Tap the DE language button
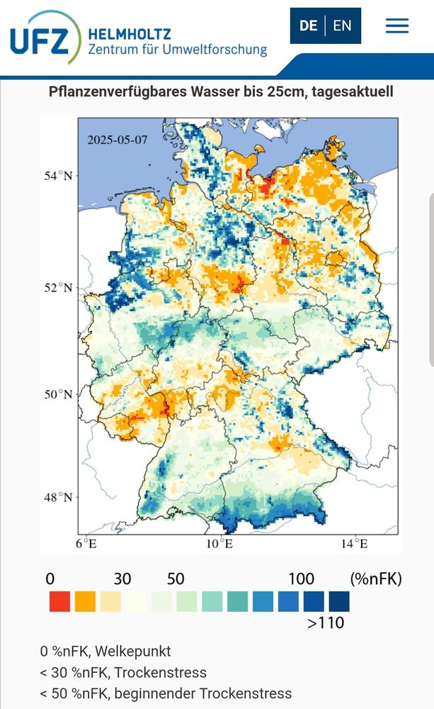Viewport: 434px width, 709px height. point(308,26)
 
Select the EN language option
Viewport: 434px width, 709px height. point(342,26)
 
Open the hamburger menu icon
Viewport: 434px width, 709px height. point(396,26)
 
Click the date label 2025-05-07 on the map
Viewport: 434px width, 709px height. point(118,140)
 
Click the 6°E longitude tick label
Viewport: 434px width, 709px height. point(86,545)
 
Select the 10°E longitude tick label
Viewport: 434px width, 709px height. point(219,545)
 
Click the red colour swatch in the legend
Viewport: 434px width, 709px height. point(59,601)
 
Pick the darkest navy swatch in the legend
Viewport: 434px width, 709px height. point(338,601)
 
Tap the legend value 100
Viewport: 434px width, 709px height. point(301,579)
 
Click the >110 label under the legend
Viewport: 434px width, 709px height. point(326,623)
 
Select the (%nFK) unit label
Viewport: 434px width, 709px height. point(375,579)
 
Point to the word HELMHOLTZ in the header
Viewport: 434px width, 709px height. point(130,33)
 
